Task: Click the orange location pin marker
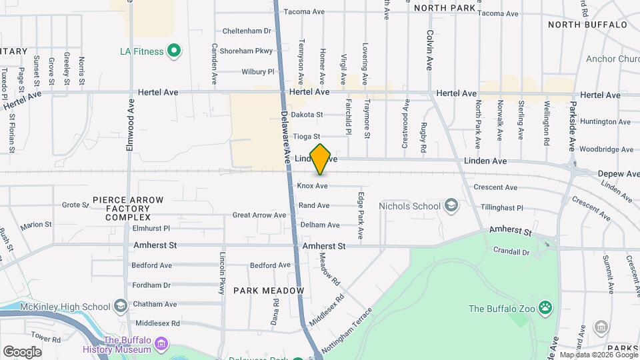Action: (321, 159)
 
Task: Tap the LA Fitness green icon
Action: (174, 51)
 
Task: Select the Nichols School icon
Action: (451, 205)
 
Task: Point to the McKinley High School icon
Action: (121, 306)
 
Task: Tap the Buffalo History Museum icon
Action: (160, 344)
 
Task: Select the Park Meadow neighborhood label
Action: (269, 291)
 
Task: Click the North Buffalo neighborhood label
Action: (587, 25)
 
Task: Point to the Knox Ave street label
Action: (313, 186)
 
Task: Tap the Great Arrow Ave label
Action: (259, 215)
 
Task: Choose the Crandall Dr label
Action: (511, 253)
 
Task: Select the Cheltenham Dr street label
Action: (247, 31)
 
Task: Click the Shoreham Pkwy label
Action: (247, 51)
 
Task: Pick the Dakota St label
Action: (309, 115)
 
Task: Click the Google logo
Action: (22, 352)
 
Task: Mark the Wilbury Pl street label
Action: (257, 71)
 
